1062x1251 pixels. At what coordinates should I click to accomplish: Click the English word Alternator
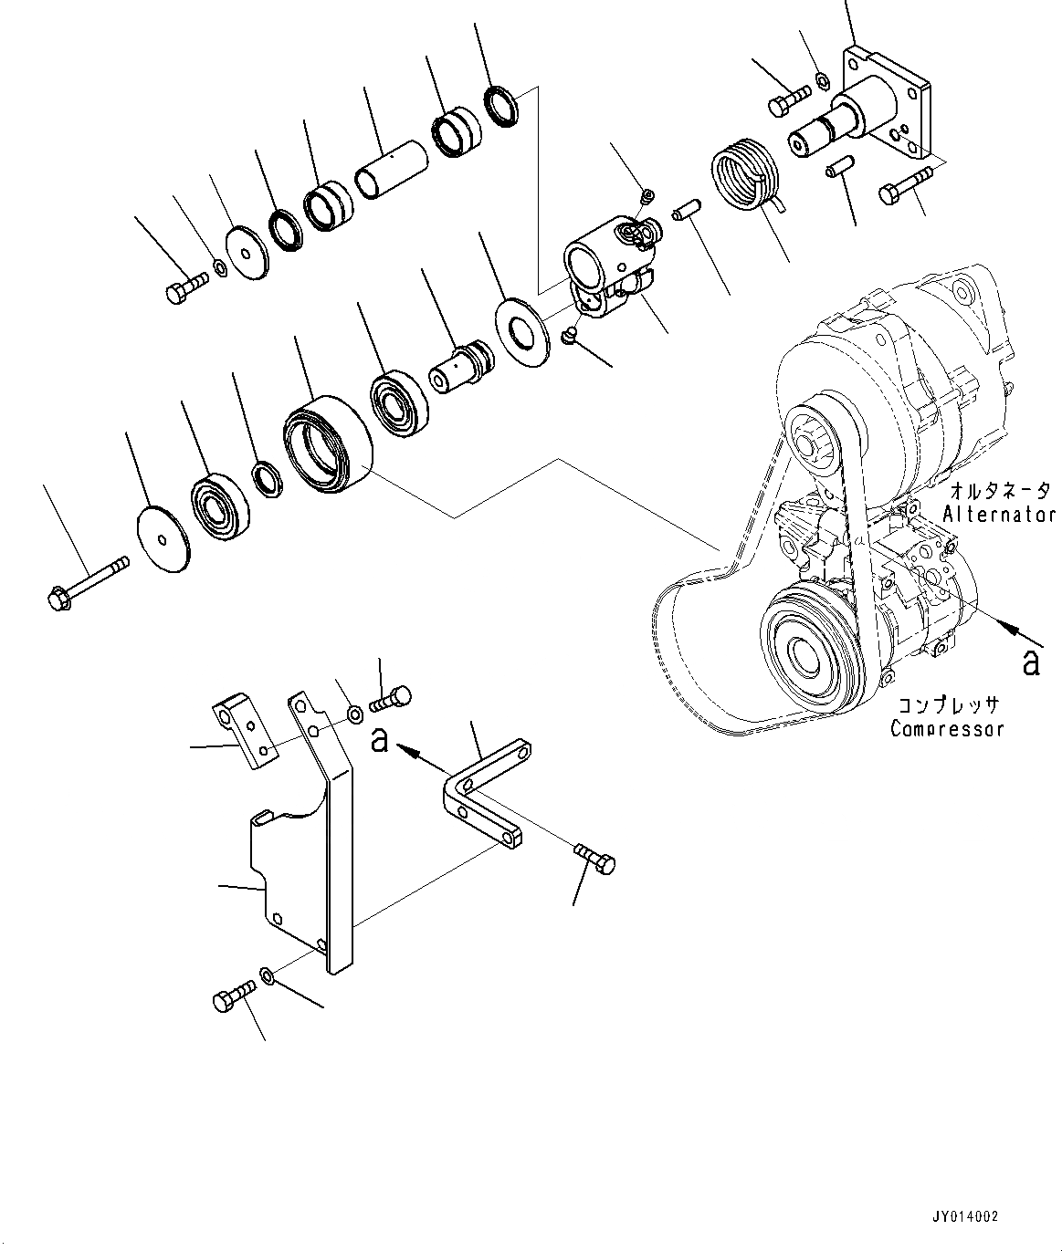pyautogui.click(x=999, y=514)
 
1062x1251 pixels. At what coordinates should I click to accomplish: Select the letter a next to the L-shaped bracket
pyautogui.click(x=380, y=740)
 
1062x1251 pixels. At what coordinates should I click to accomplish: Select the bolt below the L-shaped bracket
pyautogui.click(x=595, y=859)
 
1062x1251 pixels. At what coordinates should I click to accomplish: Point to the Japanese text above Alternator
pyautogui.click(x=999, y=490)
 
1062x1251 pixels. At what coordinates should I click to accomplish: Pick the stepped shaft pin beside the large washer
pyautogui.click(x=462, y=367)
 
